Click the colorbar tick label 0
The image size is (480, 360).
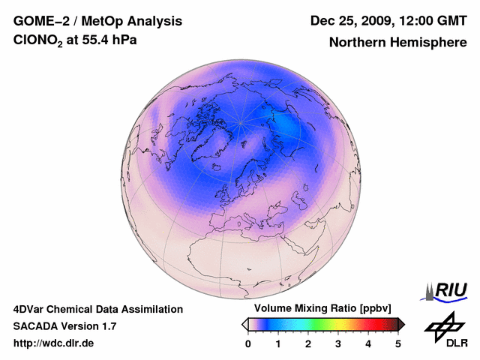248,344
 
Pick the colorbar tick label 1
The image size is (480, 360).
278,344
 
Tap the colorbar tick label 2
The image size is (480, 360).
308,344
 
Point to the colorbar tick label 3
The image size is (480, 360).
338,344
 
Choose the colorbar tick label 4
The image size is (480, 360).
368,344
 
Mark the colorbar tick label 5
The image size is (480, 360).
398,344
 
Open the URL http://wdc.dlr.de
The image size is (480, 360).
54,343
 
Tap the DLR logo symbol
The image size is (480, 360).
442,325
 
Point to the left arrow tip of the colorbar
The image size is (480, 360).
244,324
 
